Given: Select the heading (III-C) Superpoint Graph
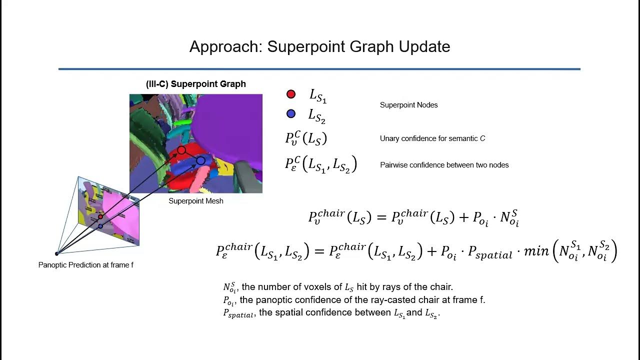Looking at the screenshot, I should point(196,84).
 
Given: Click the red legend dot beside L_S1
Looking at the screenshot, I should point(291,94).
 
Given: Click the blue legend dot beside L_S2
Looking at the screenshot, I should point(291,114).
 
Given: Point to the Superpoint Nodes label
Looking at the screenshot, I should point(408,105).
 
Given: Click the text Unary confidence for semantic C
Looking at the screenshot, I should point(432,138).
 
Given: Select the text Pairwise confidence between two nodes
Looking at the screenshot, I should point(444,165).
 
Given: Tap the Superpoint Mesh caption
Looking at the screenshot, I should point(196,201).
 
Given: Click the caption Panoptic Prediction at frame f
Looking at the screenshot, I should point(86,265).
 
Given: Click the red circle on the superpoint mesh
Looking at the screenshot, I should point(181,150).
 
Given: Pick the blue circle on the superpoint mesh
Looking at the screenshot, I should point(200,160).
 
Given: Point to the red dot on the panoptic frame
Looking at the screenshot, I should point(100,216).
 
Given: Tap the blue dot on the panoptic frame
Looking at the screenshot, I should point(100,226).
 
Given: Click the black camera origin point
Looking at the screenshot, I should point(57,254).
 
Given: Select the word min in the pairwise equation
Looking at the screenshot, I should point(536,251).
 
